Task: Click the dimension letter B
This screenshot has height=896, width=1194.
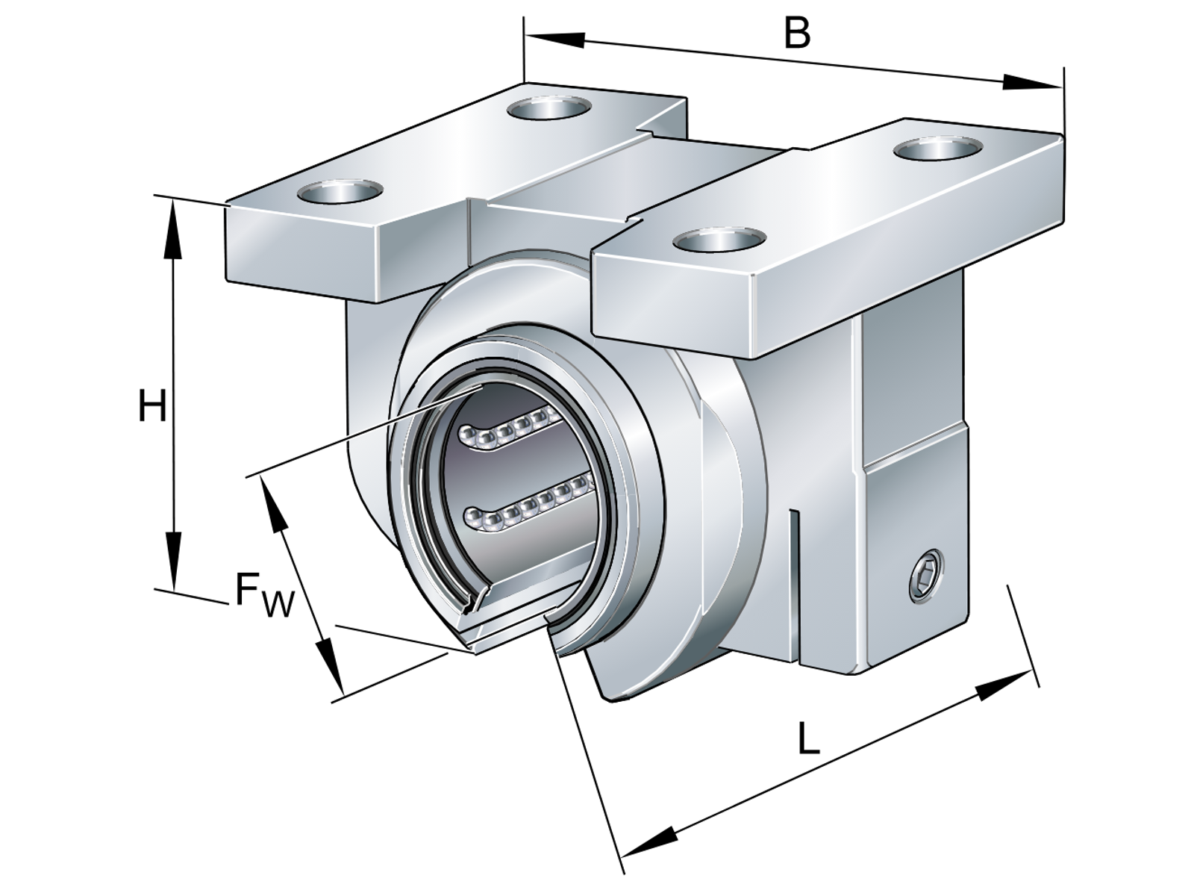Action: point(797,33)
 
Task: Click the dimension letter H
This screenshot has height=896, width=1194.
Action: point(152,408)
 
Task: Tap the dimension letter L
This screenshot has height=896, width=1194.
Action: point(808,739)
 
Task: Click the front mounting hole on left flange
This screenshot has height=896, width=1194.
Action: point(339,193)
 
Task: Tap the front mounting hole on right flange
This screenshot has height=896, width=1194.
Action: point(717,240)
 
